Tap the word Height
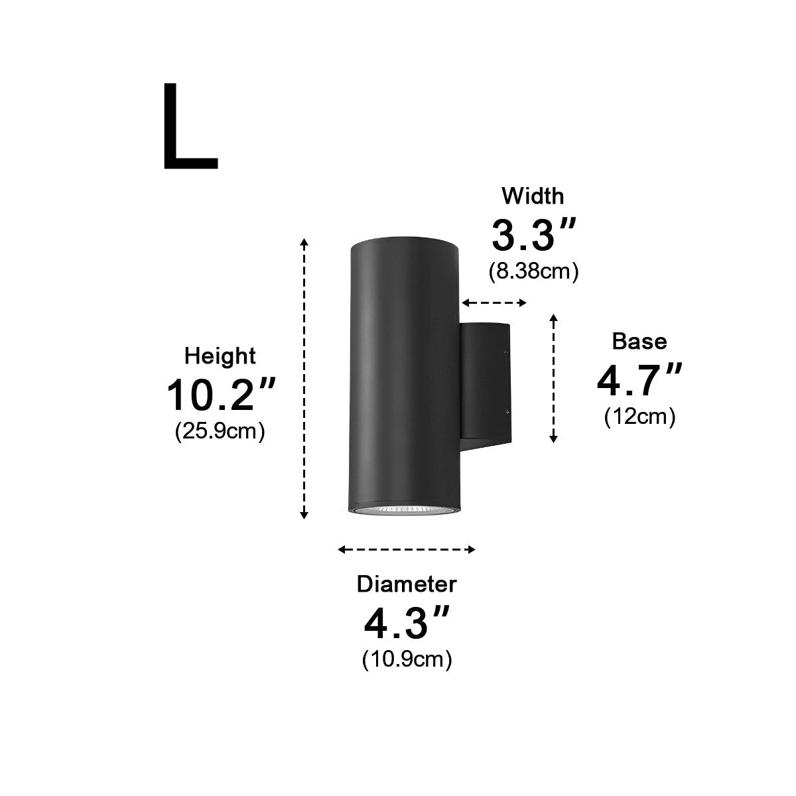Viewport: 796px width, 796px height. (220, 356)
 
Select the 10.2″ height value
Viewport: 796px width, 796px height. (220, 395)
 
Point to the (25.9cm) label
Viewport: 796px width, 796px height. (220, 431)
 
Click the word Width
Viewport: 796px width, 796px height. (533, 196)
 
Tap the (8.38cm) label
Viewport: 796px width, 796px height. (533, 271)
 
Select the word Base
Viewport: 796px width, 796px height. (639, 341)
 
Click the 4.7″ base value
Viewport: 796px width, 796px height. (639, 380)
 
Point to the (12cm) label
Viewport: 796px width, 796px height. (639, 417)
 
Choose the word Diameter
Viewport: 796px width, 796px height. (407, 584)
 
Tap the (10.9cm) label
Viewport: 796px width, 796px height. (407, 659)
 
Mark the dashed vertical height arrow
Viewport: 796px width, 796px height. (304, 378)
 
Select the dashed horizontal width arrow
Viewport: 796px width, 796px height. (494, 303)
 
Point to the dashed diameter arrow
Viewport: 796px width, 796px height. (407, 549)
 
